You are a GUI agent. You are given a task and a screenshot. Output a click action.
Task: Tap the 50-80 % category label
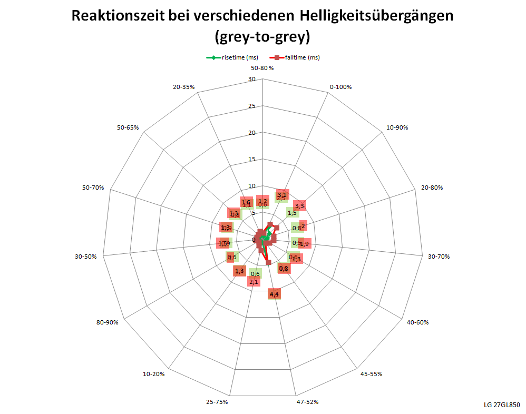(x=262, y=68)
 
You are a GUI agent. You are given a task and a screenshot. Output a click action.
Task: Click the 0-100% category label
(x=340, y=86)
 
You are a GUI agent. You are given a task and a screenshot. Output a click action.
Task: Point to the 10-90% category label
(x=397, y=127)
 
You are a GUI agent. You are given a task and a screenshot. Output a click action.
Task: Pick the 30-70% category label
(x=439, y=257)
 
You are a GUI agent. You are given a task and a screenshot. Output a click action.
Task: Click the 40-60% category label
(x=417, y=322)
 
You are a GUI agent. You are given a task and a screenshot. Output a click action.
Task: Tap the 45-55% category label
(x=371, y=374)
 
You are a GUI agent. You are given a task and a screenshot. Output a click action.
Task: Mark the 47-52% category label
(x=307, y=402)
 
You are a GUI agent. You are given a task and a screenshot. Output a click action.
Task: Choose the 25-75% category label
(x=217, y=402)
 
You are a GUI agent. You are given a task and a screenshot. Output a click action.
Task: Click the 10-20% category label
(x=154, y=374)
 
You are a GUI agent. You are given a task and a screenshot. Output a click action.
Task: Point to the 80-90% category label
(x=107, y=322)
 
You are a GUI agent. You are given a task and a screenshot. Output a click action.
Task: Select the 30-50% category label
(x=86, y=257)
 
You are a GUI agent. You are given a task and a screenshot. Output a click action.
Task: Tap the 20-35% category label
(x=184, y=86)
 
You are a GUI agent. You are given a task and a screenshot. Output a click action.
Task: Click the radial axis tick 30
(x=251, y=80)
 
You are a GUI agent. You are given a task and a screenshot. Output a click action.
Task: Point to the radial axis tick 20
(x=251, y=133)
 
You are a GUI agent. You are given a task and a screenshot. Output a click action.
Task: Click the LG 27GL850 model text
(x=501, y=405)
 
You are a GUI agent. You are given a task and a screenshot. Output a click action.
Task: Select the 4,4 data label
(x=274, y=294)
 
